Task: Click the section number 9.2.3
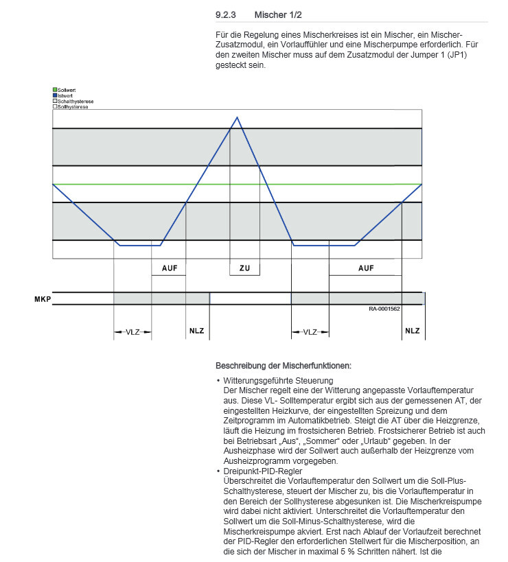point(226,14)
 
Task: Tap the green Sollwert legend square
point(55,90)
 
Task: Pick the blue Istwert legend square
point(55,95)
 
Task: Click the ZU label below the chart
point(244,268)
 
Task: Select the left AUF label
point(169,268)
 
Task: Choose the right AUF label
point(366,268)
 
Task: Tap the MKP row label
point(43,298)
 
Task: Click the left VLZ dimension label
point(132,332)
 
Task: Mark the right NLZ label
point(412,331)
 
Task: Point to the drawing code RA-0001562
point(384,309)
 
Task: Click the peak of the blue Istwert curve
point(238,117)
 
